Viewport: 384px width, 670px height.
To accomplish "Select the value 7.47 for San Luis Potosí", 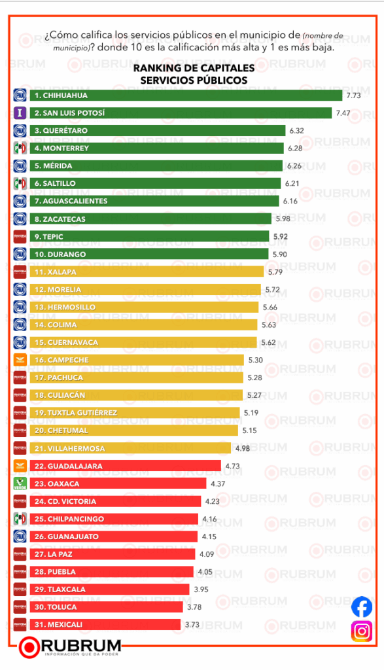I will tap(343, 113).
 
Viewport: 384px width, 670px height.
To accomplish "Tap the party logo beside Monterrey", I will tap(20, 148).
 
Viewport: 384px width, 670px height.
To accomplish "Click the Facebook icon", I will tap(362, 607).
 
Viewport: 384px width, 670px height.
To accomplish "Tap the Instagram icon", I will tap(362, 631).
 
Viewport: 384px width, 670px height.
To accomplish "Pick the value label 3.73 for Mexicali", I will tap(192, 625).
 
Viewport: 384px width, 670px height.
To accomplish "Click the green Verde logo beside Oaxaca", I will tap(20, 484).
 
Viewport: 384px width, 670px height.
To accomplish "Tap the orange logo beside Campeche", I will tap(20, 360).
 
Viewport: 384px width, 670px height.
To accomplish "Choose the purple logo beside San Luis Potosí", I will tap(20, 113).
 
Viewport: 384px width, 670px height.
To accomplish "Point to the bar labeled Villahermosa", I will tap(131, 448).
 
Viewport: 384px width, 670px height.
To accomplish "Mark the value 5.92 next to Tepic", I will tap(281, 236).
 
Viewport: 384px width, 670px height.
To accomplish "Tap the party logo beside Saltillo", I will tap(20, 183).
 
